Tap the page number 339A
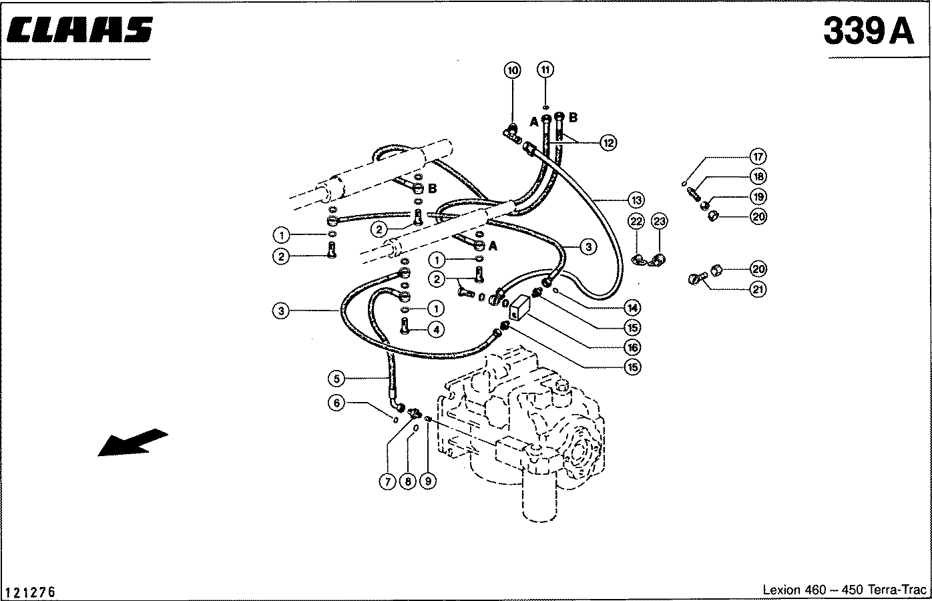[x=869, y=30]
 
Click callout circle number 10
[x=512, y=70]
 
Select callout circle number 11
[x=545, y=70]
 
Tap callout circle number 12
[x=608, y=142]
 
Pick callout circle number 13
[x=636, y=199]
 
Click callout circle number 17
[x=758, y=156]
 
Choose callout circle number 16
[x=632, y=347]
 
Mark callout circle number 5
[x=337, y=379]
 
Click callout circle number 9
[x=427, y=481]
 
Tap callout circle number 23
[x=659, y=221]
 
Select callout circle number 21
[x=758, y=289]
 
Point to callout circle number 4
[x=436, y=329]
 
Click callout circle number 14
[x=632, y=308]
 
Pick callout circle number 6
[x=337, y=402]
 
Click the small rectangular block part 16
[x=519, y=308]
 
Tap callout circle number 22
[x=636, y=221]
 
